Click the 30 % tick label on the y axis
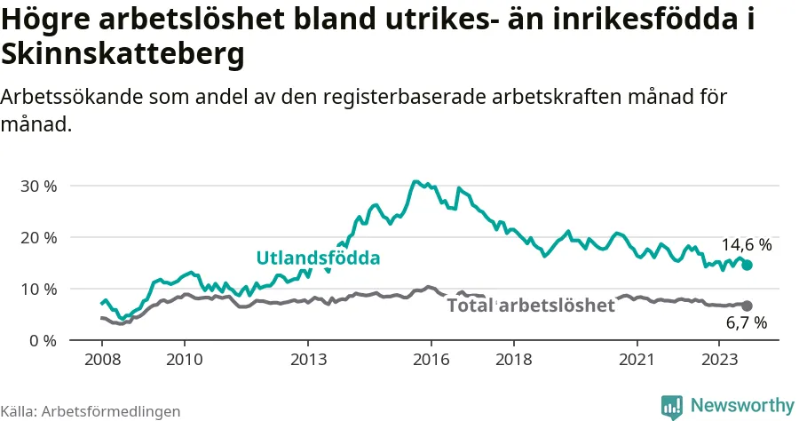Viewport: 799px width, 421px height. coord(39,186)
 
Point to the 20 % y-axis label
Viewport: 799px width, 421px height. coord(39,237)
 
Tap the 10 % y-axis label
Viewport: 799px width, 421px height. coord(39,289)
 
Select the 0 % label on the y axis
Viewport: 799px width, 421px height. coord(43,340)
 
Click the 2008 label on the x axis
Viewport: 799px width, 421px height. coord(102,360)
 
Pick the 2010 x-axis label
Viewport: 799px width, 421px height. coord(185,360)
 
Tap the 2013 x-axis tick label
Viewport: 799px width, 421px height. coord(308,360)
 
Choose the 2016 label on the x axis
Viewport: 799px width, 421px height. coord(431,360)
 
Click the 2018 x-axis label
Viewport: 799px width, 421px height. coord(514,360)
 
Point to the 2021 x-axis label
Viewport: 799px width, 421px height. coord(637,360)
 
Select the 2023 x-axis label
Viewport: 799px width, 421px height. coord(719,360)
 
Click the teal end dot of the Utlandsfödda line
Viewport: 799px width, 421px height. coord(747,265)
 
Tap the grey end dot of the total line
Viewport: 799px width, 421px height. coord(747,306)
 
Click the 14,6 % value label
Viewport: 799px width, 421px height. coord(747,245)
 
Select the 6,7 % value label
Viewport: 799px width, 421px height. coord(747,322)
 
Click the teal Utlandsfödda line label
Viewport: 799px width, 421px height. coord(318,258)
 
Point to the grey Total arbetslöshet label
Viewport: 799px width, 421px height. coord(531,306)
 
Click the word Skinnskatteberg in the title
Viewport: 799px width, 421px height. coord(123,53)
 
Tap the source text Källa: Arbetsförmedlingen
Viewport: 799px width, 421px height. coord(91,411)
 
